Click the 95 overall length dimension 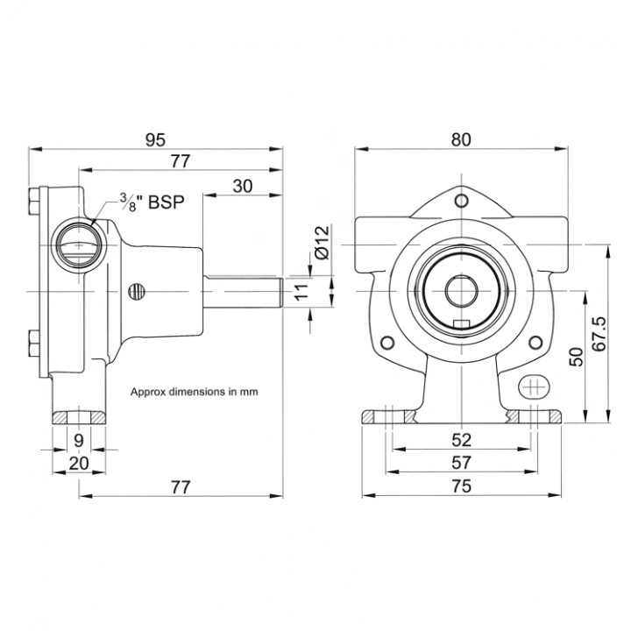156,139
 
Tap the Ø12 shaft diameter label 321,242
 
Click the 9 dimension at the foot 78,440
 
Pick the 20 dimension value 78,463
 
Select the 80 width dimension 462,139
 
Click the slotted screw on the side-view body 135,290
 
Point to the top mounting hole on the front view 462,202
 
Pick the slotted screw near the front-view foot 534,386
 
